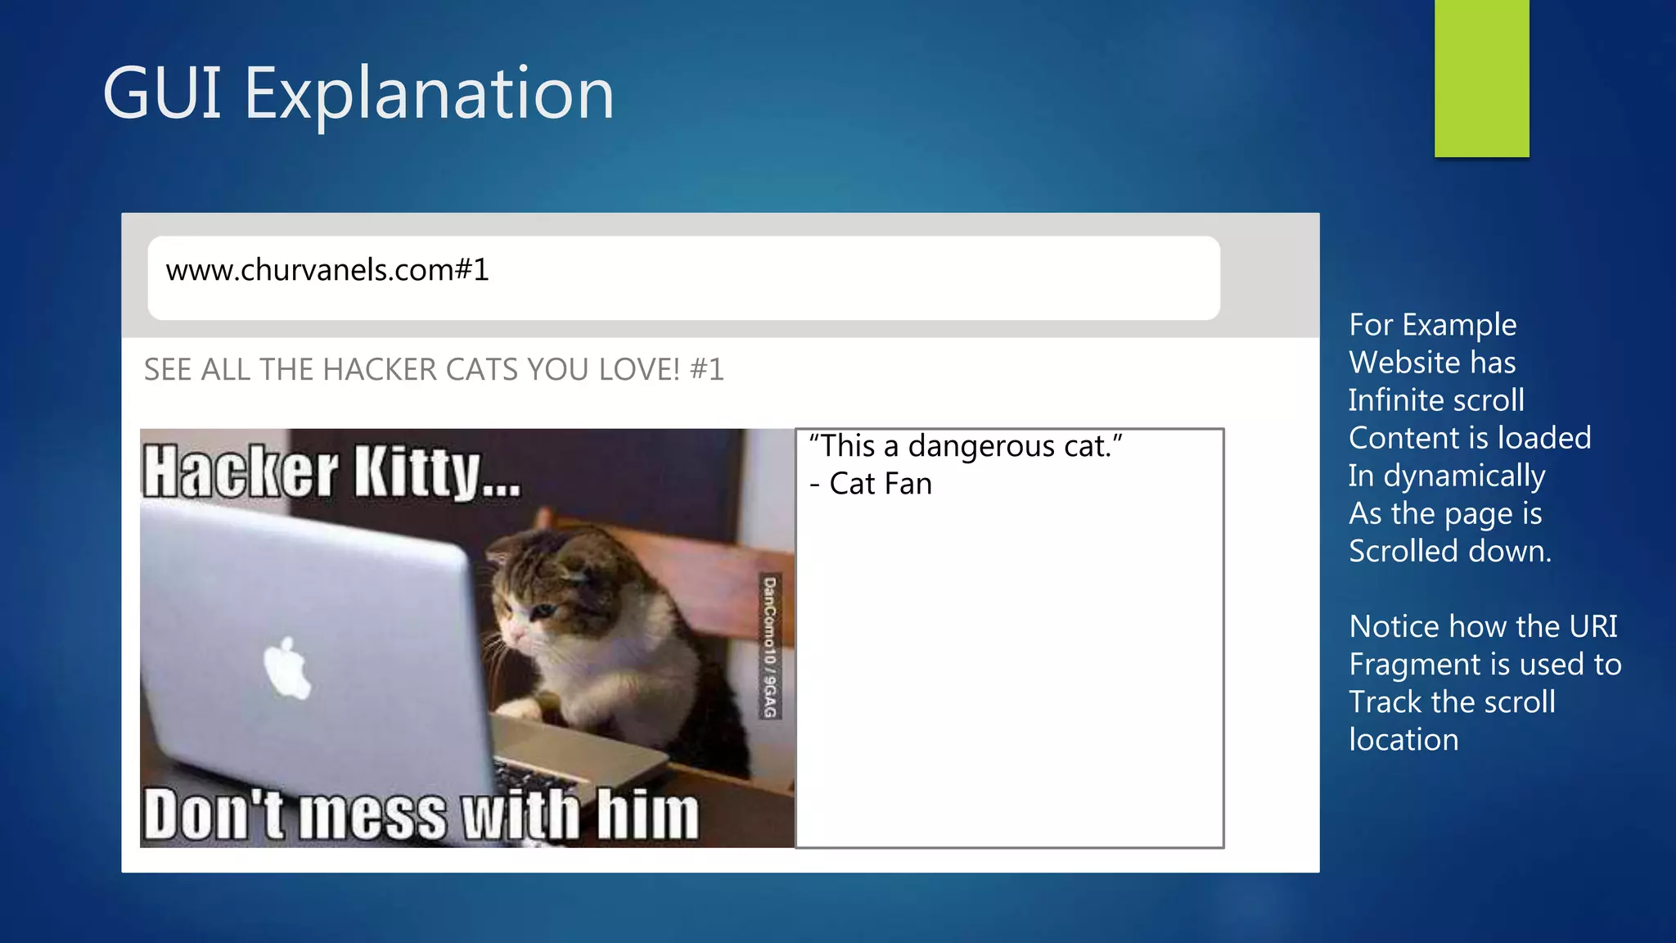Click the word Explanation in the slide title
pyautogui.click(x=429, y=94)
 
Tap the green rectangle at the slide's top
pyautogui.click(x=1481, y=78)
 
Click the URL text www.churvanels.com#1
pyautogui.click(x=327, y=270)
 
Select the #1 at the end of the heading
pyautogui.click(x=707, y=370)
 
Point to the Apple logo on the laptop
pyautogui.click(x=287, y=668)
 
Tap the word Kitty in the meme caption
pyautogui.click(x=417, y=473)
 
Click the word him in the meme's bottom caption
pyautogui.click(x=647, y=814)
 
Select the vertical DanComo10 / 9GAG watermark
pyautogui.click(x=770, y=647)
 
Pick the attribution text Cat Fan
pyautogui.click(x=881, y=485)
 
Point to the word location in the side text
pyautogui.click(x=1403, y=740)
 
